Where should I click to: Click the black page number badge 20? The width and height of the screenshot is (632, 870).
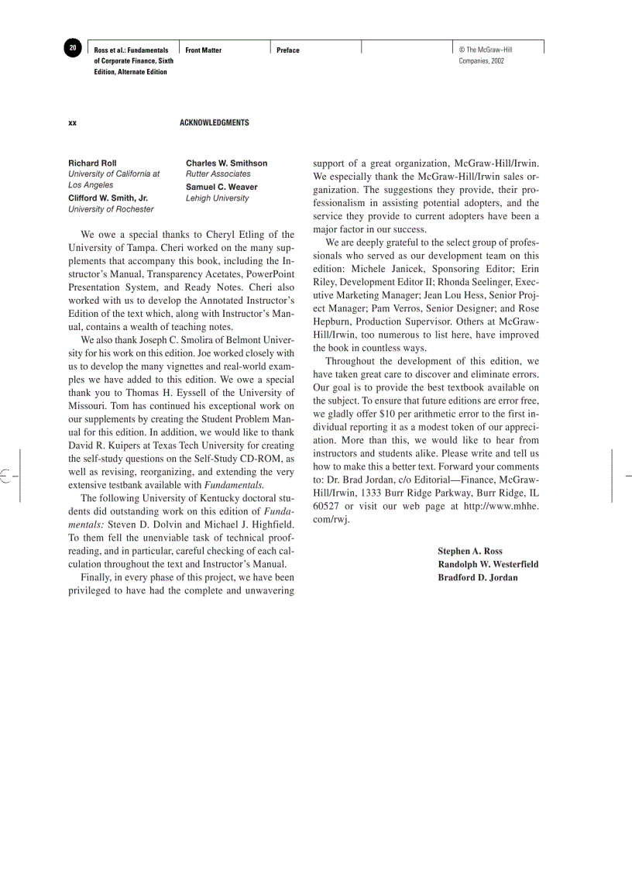[x=72, y=48]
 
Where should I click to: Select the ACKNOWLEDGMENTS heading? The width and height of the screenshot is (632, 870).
[x=215, y=123]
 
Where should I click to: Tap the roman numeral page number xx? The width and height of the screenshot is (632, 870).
[x=72, y=123]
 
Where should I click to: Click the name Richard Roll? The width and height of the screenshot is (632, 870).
[x=92, y=163]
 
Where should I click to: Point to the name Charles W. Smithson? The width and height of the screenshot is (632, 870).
[x=226, y=163]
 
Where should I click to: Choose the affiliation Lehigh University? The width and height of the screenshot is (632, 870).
[x=217, y=198]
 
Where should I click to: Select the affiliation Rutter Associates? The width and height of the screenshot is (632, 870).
[x=218, y=174]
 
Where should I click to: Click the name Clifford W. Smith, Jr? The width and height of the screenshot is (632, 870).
[x=108, y=198]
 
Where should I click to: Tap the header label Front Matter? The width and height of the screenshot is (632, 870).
[x=203, y=50]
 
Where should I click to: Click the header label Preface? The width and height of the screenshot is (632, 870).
[x=288, y=50]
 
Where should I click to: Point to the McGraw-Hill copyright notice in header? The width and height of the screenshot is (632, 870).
[x=485, y=55]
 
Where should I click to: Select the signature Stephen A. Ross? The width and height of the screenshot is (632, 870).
[x=470, y=552]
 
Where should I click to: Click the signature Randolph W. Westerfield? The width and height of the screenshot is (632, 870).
[x=488, y=564]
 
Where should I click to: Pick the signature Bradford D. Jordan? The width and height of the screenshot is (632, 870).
[x=478, y=577]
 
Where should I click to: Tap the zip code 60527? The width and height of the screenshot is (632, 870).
[x=327, y=506]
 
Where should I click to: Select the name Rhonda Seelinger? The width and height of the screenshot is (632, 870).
[x=461, y=282]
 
